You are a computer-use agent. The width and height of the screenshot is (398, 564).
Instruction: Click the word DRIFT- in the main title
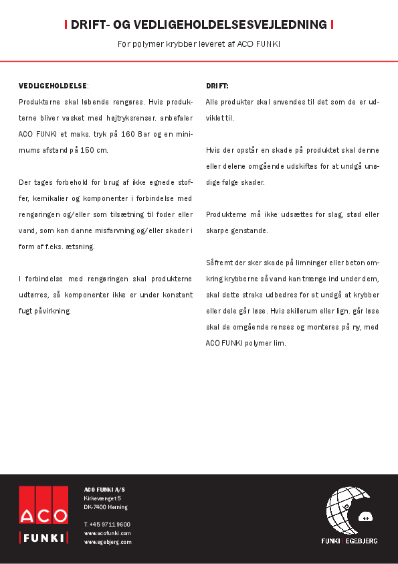point(90,25)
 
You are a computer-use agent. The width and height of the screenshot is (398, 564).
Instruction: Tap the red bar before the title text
point(66,25)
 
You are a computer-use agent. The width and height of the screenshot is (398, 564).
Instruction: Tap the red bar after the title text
point(332,25)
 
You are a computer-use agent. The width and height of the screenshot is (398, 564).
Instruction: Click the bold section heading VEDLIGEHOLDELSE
point(53,86)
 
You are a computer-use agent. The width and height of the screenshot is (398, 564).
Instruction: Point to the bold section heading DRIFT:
point(217,86)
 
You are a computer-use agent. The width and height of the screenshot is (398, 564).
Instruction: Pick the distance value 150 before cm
point(78,150)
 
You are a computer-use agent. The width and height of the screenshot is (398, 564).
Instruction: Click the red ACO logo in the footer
point(43,506)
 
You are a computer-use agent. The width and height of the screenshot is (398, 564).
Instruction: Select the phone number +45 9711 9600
point(107,524)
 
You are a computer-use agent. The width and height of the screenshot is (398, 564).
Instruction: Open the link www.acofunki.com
point(107,533)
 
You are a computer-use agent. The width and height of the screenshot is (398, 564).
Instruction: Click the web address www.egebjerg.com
point(108,541)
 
